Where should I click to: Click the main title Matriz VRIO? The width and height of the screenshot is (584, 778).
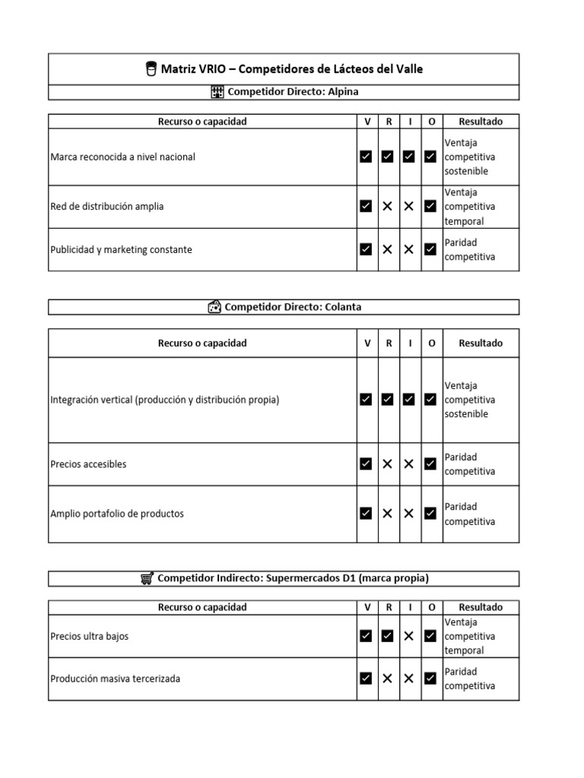291,69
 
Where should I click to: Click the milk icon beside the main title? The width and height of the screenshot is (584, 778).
151,69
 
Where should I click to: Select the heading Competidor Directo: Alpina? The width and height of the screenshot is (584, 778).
293,92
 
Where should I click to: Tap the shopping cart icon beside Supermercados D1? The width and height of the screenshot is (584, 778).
147,578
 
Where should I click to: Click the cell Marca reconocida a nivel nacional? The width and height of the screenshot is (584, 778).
122,157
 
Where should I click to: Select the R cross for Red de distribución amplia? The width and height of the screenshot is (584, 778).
388,207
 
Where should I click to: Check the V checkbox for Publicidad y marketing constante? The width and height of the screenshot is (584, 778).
367,249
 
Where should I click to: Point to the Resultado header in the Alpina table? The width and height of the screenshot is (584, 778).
481,122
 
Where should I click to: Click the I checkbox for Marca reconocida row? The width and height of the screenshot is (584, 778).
409,157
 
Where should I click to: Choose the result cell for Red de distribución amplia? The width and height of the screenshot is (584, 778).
481,207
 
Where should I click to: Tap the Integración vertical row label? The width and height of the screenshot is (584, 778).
164,400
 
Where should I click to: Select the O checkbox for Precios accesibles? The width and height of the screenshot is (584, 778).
430,464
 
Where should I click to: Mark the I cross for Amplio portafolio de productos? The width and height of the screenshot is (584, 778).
409,514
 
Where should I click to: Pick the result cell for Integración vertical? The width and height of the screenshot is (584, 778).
481,400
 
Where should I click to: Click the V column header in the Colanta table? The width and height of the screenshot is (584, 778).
367,343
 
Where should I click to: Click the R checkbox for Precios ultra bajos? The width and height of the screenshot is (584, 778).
388,636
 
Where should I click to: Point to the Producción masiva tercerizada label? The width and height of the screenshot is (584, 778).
115,678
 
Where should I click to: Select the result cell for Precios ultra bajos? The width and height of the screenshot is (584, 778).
481,636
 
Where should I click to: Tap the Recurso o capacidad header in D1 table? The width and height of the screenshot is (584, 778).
202,608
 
